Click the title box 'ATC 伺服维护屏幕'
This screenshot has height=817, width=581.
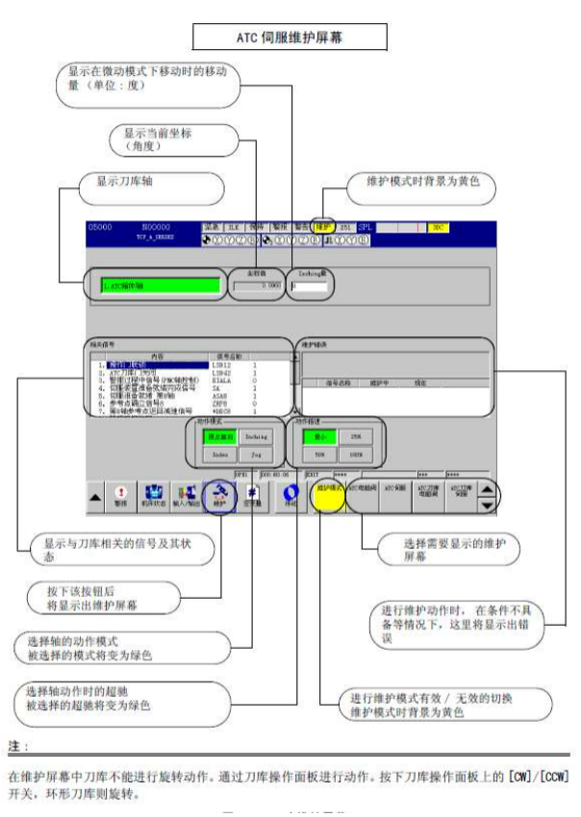pyautogui.click(x=290, y=37)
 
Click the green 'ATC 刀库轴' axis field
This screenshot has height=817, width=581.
pyautogui.click(x=160, y=285)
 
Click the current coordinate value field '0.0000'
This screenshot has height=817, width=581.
pyautogui.click(x=259, y=285)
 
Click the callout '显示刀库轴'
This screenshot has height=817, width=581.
pyautogui.click(x=130, y=179)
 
